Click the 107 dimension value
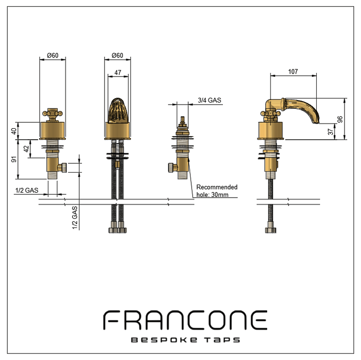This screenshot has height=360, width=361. pyautogui.click(x=293, y=71)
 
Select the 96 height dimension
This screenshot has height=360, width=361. pyautogui.click(x=340, y=119)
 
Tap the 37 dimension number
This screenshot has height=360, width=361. pyautogui.click(x=330, y=131)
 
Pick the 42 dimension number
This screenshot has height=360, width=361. pyautogui.click(x=26, y=150)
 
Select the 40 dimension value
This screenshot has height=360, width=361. pyautogui.click(x=14, y=130)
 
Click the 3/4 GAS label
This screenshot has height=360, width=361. pyautogui.click(x=209, y=100)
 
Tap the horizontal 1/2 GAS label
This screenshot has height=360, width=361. pyautogui.click(x=26, y=191)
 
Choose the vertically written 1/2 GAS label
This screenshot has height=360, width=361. pyautogui.click(x=75, y=217)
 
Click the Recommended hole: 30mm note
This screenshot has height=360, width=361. pyautogui.click(x=217, y=191)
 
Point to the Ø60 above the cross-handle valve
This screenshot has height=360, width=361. pyautogui.click(x=52, y=55)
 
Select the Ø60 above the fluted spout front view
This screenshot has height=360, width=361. pyautogui.click(x=117, y=55)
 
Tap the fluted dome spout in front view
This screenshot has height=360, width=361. pyautogui.click(x=117, y=111)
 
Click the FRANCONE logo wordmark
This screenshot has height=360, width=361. pyautogui.click(x=185, y=320)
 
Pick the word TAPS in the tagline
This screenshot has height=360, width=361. pyautogui.click(x=223, y=340)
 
